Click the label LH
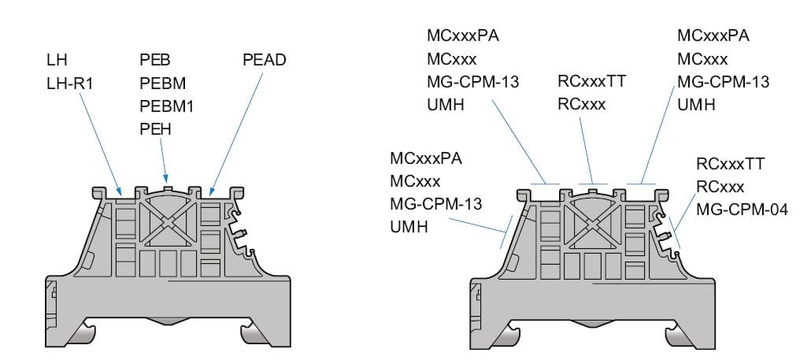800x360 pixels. (57, 60)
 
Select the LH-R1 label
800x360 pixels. (70, 80)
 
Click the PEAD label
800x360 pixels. (263, 60)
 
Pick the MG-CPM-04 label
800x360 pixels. (741, 211)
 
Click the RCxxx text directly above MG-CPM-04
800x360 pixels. (720, 187)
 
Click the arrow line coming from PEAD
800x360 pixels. (236, 126)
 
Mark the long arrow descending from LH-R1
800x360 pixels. (101, 142)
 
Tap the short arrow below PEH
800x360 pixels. (163, 161)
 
